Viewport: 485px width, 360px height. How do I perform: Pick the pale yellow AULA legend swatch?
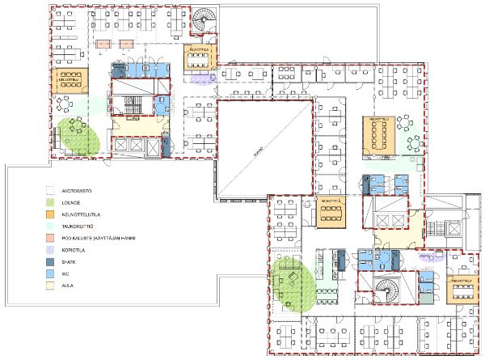(x=50, y=286)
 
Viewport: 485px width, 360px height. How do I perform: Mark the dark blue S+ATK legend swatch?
(x=50, y=262)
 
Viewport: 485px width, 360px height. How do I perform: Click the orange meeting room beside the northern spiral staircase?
(x=199, y=59)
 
